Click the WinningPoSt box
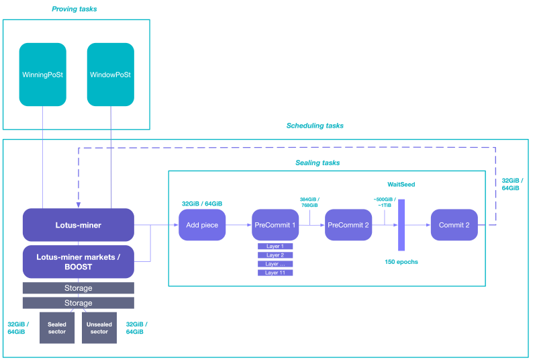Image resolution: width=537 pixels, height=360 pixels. point(42,75)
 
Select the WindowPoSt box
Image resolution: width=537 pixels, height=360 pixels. point(110,75)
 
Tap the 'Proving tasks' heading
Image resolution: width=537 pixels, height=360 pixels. point(75,9)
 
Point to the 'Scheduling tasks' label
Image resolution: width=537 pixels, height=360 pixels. point(315,126)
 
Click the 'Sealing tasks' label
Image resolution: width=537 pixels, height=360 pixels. point(318,163)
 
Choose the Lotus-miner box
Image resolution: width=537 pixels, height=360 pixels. point(78,225)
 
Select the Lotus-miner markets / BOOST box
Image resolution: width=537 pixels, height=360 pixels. point(78,262)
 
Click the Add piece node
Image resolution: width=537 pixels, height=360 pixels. point(202,225)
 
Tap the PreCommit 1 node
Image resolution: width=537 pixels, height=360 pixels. point(275,225)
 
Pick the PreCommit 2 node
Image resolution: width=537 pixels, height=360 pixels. point(348,225)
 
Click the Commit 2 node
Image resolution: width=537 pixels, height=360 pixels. point(454,225)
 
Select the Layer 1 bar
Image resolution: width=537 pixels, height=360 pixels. point(275,246)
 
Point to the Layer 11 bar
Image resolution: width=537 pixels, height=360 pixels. point(275,273)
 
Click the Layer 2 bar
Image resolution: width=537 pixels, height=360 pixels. point(275,255)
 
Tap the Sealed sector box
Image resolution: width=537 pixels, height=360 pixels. point(57,328)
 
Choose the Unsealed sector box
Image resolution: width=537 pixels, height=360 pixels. point(99,328)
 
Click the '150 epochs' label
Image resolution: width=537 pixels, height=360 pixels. point(401,261)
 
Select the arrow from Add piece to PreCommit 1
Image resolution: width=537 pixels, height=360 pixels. point(238,225)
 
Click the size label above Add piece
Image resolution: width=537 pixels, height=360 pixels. point(202,204)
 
